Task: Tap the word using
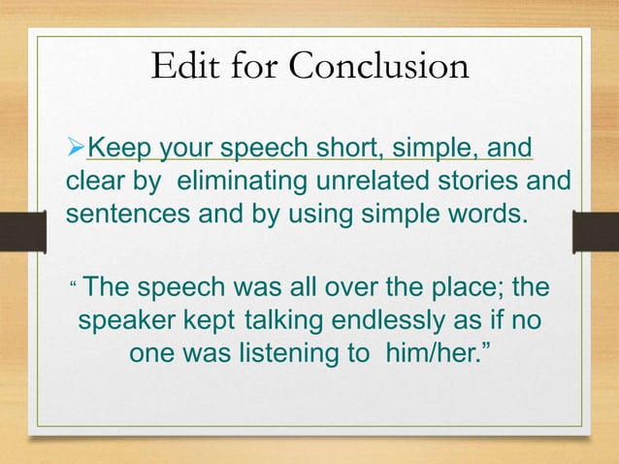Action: (333, 213)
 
